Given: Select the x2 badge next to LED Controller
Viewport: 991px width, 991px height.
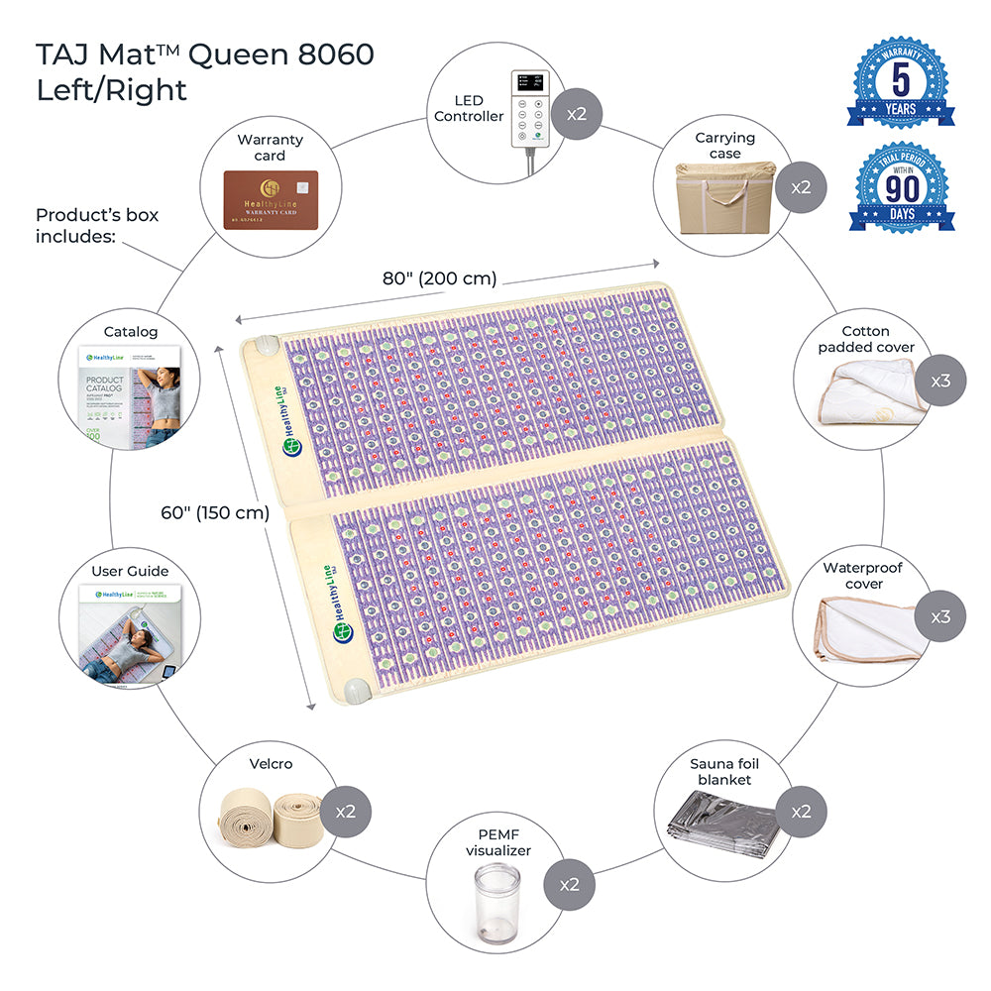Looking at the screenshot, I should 577,114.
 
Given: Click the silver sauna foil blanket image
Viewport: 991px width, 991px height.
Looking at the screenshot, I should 718,822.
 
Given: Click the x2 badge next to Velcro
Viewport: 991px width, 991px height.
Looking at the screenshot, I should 346,811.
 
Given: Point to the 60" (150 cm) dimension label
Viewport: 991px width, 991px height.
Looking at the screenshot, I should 215,512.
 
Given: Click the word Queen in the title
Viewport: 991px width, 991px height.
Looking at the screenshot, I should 235,54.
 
